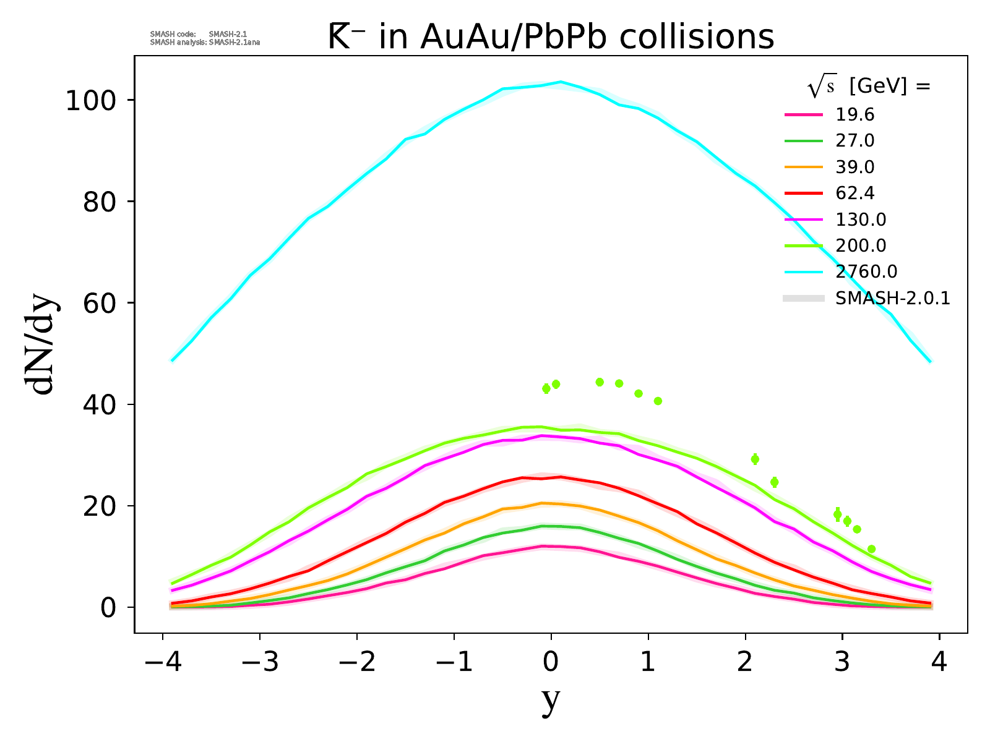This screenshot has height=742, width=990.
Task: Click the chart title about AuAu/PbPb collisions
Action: tap(551, 37)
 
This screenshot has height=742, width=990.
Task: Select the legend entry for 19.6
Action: tap(854, 115)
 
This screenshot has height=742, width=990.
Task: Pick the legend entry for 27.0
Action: tap(854, 141)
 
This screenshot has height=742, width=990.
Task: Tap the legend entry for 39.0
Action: tap(854, 167)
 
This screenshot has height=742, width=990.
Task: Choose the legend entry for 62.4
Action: tap(854, 194)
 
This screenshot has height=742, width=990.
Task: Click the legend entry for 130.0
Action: tap(860, 220)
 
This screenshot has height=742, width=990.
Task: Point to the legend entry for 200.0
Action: tap(860, 245)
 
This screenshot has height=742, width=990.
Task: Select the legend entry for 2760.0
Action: tap(866, 271)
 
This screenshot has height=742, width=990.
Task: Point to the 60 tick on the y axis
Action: tap(99, 304)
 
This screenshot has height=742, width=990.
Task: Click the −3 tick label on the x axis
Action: tap(259, 663)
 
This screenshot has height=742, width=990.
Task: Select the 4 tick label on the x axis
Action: tap(939, 663)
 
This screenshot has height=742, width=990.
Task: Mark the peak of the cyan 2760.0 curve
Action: tap(561, 82)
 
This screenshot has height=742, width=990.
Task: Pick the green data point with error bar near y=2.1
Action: tap(755, 459)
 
